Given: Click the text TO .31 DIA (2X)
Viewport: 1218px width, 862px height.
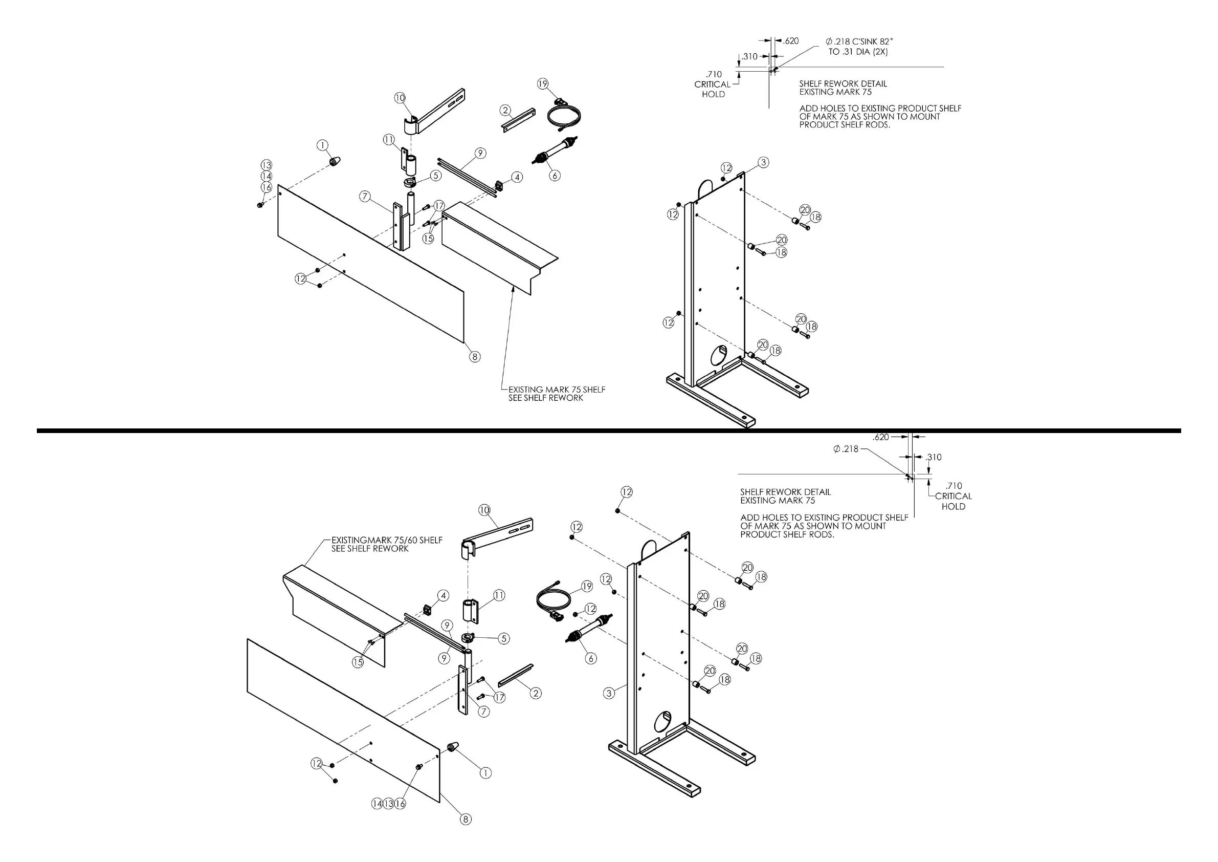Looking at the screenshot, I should [x=858, y=52].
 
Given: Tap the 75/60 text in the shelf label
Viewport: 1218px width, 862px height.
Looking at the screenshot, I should [x=406, y=541].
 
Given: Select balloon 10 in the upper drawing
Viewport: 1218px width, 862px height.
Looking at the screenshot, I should [x=400, y=98].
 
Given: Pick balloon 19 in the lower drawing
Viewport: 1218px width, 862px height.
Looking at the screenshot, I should [x=586, y=587].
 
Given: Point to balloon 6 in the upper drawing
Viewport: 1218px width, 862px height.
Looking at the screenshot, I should [x=555, y=175].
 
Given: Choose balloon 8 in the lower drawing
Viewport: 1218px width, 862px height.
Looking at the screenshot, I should [x=465, y=819].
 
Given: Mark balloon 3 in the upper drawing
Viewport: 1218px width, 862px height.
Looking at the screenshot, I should [x=763, y=162].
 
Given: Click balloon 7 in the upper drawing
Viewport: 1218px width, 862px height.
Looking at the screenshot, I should [x=365, y=197].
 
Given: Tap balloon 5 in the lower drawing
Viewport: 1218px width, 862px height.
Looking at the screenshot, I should [x=504, y=638].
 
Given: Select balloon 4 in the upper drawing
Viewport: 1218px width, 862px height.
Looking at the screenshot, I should [x=517, y=177].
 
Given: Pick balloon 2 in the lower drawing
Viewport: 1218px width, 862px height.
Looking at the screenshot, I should [x=536, y=693].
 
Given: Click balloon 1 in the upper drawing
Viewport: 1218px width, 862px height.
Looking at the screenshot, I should [x=323, y=145].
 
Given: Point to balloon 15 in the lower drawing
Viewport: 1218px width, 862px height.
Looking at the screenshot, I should [x=358, y=662].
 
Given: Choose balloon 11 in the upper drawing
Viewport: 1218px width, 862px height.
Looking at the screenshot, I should [x=389, y=140].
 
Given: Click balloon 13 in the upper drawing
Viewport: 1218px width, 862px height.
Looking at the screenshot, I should [x=267, y=165].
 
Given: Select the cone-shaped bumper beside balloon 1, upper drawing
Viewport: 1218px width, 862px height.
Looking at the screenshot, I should [x=335, y=161].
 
